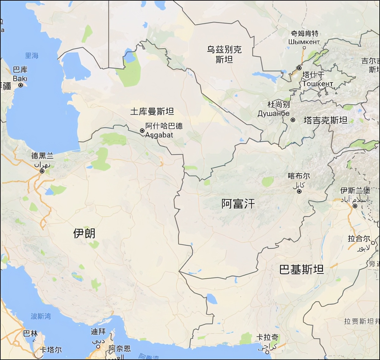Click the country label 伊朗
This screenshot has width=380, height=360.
click(x=84, y=233)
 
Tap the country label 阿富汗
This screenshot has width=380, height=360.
click(x=238, y=204)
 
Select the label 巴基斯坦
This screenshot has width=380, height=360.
click(x=301, y=270)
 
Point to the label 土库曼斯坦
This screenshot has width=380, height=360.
click(x=152, y=111)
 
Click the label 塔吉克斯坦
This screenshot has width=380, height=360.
click(x=326, y=120)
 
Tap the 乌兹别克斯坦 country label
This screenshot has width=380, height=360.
click(x=224, y=54)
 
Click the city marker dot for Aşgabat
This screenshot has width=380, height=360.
click(x=142, y=131)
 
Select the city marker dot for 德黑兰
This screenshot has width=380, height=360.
click(x=42, y=171)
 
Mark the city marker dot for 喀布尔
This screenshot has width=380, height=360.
click(x=299, y=191)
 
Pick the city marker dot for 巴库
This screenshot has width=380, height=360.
click(x=21, y=85)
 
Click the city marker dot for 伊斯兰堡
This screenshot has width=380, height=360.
click(x=355, y=206)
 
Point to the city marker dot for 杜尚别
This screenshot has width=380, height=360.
click(x=293, y=120)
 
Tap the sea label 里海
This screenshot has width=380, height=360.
click(x=32, y=56)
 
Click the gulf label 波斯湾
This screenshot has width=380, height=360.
click(x=41, y=316)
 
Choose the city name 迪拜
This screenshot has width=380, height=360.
click(x=98, y=332)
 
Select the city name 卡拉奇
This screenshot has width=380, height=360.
click(x=268, y=337)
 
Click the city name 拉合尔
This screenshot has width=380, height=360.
click(x=359, y=239)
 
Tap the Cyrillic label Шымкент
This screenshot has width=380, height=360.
click(x=304, y=42)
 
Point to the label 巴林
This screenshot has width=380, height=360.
click(x=30, y=333)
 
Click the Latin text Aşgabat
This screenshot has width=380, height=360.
click(x=159, y=135)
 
